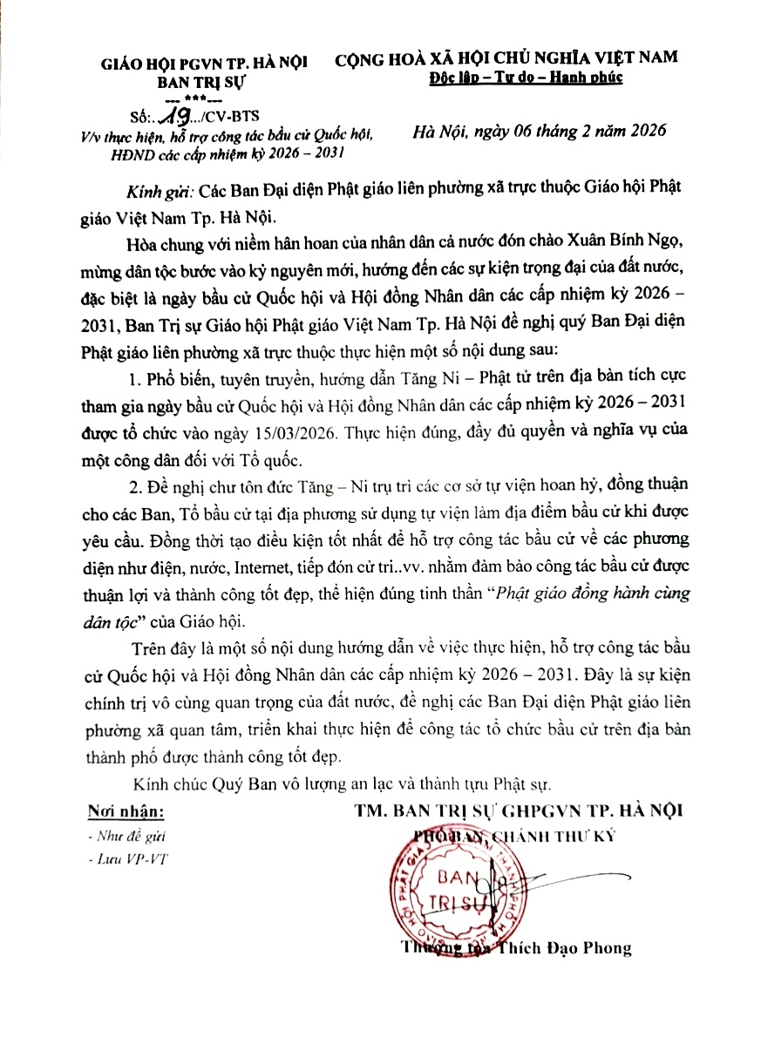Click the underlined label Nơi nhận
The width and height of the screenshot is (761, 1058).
[126, 812]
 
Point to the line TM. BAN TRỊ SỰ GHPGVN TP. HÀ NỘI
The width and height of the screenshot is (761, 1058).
[519, 810]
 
